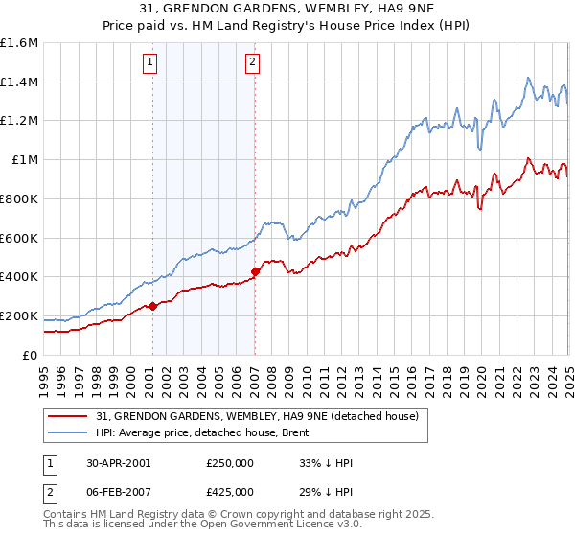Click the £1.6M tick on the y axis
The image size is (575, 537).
click(19, 43)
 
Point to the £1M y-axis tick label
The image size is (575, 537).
click(25, 160)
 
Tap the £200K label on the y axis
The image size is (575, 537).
click(19, 315)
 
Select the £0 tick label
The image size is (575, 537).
click(32, 355)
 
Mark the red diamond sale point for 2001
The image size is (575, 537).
click(152, 306)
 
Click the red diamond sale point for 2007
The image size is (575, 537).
click(255, 271)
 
